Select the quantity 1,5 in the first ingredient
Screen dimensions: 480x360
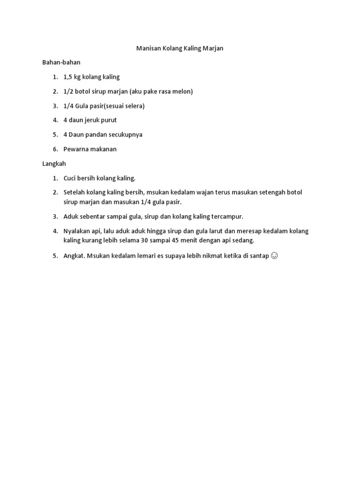(68, 77)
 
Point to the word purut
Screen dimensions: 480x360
(108, 120)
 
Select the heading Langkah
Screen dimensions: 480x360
(54, 164)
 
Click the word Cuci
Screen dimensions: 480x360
(70, 178)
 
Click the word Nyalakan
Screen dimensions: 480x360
(78, 231)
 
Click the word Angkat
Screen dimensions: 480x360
(74, 255)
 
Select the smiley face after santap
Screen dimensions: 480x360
(275, 255)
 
